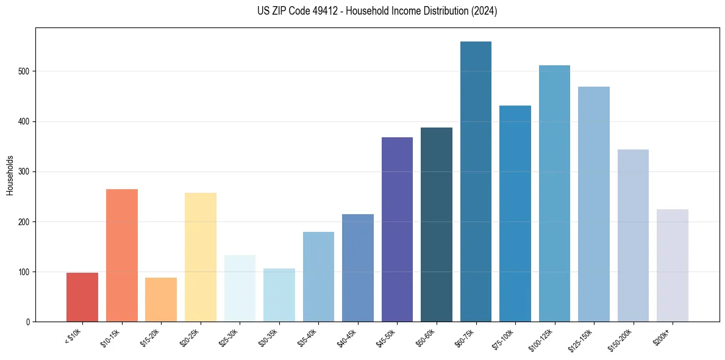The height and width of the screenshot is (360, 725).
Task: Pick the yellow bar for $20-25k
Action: (201, 257)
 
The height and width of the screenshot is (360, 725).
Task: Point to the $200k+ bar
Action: (673, 265)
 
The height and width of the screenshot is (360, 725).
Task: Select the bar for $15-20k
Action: (161, 300)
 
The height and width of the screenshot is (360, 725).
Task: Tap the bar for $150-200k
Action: (633, 236)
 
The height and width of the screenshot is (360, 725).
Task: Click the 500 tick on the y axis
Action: (25, 71)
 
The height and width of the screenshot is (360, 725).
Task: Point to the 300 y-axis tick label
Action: (25, 171)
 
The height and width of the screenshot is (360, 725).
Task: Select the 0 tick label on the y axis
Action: (29, 322)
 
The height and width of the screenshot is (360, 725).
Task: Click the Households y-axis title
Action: (10, 175)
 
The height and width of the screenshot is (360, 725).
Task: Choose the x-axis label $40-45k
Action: (347, 337)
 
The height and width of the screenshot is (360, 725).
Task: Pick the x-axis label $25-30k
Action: (229, 337)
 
